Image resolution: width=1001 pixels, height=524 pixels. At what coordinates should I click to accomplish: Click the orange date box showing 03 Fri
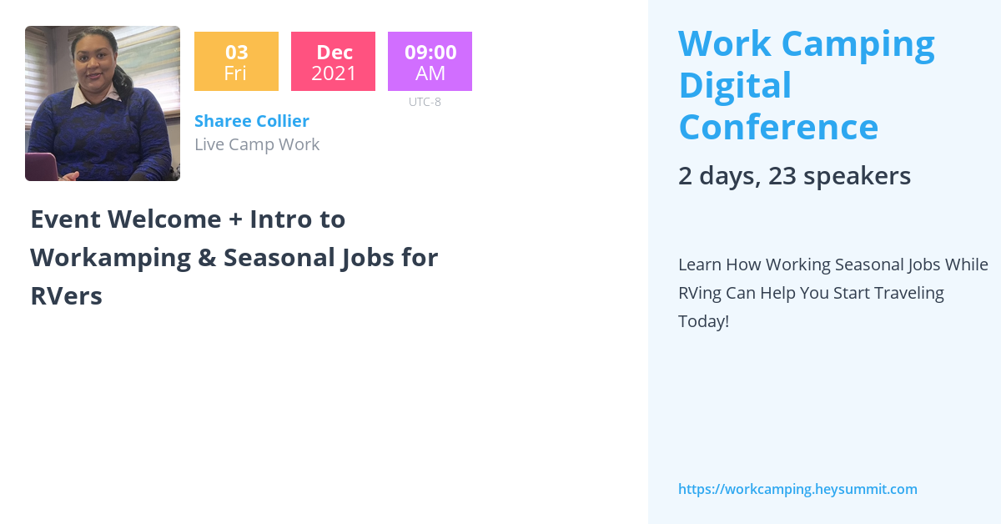(236, 62)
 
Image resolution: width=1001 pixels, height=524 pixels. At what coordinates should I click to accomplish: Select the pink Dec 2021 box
(334, 62)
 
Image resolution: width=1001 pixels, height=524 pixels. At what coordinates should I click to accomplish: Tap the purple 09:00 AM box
(430, 62)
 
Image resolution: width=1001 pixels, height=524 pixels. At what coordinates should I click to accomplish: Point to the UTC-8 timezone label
(425, 102)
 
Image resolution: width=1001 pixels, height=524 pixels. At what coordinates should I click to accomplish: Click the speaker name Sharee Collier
(252, 121)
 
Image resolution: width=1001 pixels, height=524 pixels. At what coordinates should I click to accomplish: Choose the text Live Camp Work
(257, 144)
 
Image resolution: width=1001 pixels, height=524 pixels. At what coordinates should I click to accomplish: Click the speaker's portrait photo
(103, 103)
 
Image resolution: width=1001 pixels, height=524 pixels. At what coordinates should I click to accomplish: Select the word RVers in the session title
(66, 296)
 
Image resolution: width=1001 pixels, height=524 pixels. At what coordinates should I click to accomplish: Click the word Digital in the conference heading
(735, 85)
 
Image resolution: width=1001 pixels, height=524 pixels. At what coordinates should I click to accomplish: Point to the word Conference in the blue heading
(778, 128)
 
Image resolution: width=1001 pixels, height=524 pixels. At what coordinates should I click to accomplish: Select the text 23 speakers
(840, 176)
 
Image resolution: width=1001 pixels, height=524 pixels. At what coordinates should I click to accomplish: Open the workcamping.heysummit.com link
(797, 489)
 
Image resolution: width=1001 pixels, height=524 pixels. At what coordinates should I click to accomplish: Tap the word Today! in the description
(703, 321)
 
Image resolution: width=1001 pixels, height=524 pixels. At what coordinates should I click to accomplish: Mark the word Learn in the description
(699, 265)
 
